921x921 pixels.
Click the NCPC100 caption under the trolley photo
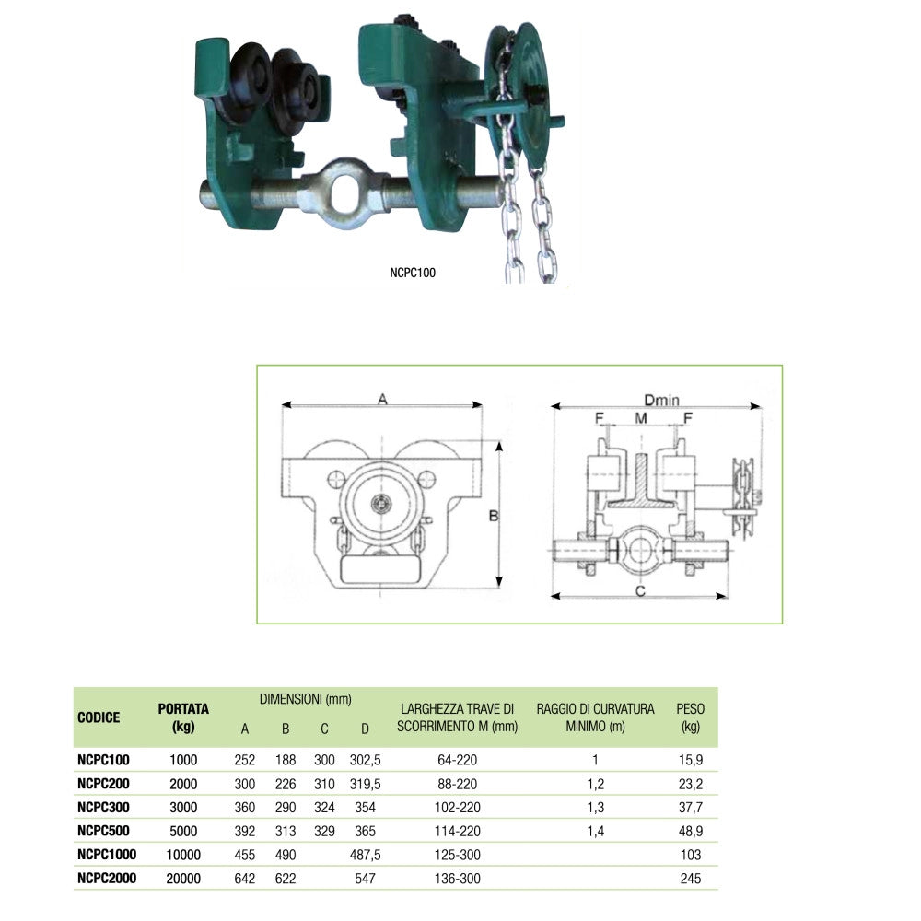413,273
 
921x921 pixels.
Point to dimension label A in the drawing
382,400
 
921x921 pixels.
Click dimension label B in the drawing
494,516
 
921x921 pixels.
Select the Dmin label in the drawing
661,400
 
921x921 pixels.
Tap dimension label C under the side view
640,591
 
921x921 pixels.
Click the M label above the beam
641,418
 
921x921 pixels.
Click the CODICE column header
99,717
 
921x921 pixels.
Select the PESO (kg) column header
690,717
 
